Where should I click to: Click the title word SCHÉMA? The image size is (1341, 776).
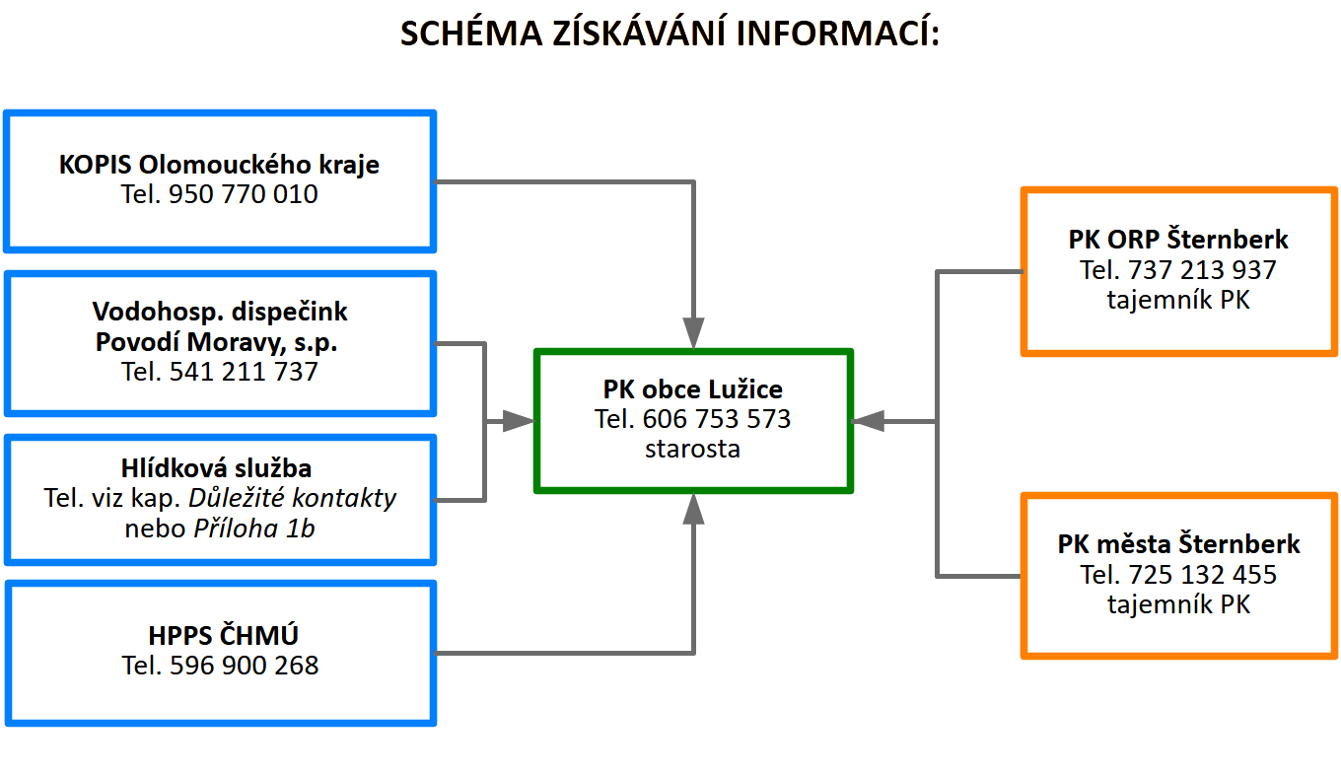coord(471,33)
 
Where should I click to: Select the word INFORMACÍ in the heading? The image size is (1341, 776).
coord(837,33)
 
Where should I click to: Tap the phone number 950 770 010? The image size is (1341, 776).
coord(243,194)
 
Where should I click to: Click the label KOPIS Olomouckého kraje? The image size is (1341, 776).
coord(219,165)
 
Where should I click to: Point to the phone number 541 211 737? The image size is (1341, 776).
coord(244,372)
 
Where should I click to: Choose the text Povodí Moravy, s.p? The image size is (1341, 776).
coord(217,342)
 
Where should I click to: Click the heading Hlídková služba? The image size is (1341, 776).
coord(217,468)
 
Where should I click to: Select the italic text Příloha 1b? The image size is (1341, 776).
coord(253,529)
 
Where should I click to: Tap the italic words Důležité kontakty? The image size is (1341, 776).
coord(292,498)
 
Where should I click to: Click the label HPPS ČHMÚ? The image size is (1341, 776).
coord(223,635)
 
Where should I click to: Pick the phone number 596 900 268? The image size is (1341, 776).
coord(245,666)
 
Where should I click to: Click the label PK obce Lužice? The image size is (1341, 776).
coord(692,389)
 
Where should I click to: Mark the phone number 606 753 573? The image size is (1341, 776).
coord(717,419)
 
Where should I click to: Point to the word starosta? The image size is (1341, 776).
coord(692,449)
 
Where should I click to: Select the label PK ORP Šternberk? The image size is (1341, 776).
coord(1178,240)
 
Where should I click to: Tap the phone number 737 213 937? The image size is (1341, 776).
coord(1202,270)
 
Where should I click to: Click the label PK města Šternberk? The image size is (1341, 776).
coord(1178,544)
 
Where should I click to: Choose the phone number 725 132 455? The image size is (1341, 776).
coord(1203,575)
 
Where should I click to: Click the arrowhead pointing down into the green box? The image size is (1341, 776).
coord(693,333)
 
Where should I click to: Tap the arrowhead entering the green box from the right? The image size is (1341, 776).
coord(868,422)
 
